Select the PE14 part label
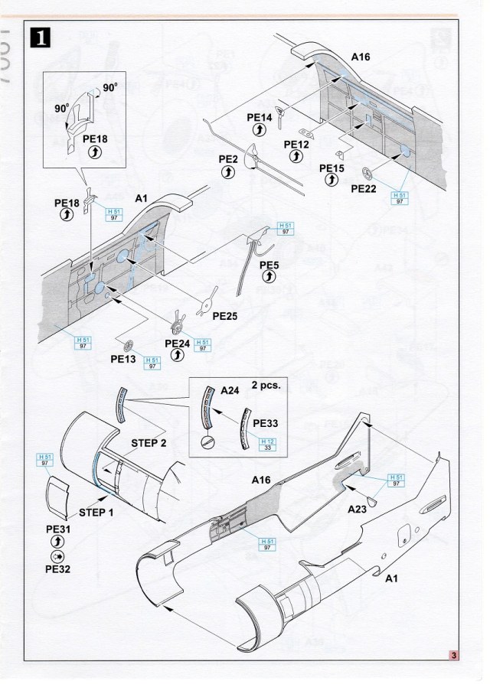tap(260, 117)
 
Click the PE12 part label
tap(296, 144)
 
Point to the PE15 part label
tap(332, 168)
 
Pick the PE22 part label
tap(366, 187)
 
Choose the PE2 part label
tap(228, 159)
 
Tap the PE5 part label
tap(269, 265)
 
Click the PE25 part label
tap(227, 315)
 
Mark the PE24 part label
tap(178, 344)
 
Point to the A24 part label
tap(230, 390)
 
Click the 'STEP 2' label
tap(148, 443)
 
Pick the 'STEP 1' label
tap(96, 511)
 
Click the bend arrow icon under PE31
tap(59, 542)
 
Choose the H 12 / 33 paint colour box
tap(267, 444)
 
